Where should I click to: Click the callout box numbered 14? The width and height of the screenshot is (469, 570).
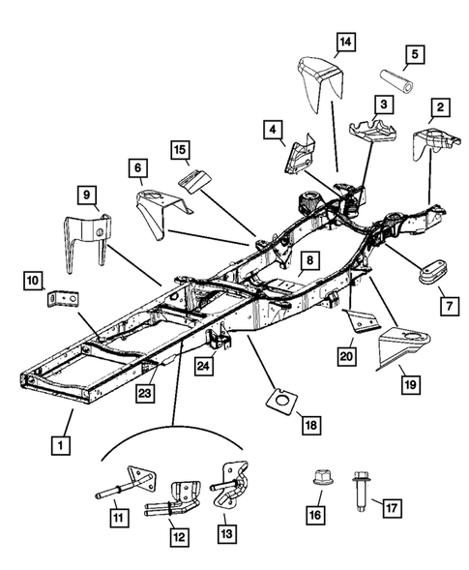pos(345,43)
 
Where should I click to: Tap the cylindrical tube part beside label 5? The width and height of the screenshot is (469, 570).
pos(396,81)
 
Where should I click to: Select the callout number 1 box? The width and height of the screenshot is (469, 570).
pos(61,445)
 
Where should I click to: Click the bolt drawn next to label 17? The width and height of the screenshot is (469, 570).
pos(360,491)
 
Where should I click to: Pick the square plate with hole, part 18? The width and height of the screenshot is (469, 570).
pos(281,401)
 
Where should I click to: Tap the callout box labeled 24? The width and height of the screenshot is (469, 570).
pos(203,366)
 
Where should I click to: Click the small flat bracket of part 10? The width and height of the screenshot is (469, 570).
pos(63,299)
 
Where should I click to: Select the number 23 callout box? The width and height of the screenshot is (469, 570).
pos(145,393)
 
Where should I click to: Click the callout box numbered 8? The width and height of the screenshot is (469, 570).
pos(309,260)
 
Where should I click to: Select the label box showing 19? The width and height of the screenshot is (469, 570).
pos(410,384)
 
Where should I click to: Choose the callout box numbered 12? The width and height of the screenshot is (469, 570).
pos(180,536)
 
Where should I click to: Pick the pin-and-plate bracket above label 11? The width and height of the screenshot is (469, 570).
pos(127,482)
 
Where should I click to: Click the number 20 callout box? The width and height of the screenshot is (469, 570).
pos(346,355)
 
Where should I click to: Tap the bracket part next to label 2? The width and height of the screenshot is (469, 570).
pos(435,142)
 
